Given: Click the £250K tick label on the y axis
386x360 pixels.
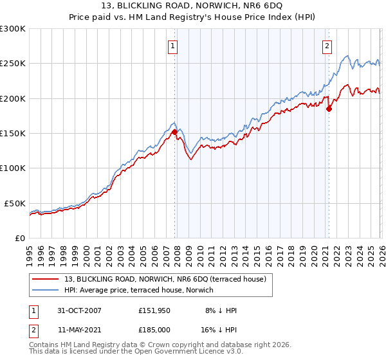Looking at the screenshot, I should point(13,64).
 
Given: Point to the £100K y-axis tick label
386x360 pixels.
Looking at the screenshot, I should point(13,168).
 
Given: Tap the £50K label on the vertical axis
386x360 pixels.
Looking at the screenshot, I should point(15,203).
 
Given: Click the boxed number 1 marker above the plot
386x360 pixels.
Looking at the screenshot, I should point(174,45).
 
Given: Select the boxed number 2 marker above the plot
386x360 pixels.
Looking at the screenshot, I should point(327,45).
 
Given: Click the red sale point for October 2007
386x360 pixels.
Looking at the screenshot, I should point(174,132).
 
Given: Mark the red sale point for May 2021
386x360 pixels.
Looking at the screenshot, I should point(328,109).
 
